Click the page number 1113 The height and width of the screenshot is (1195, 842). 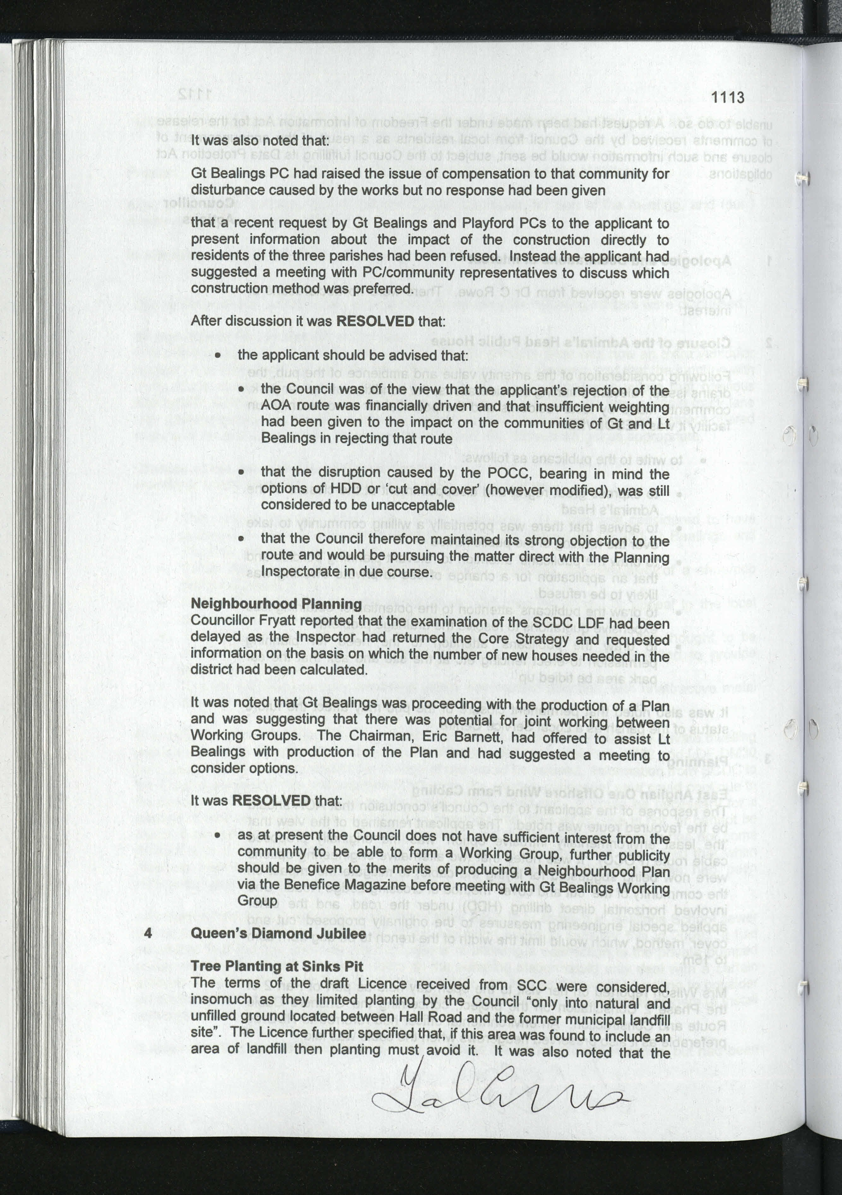pos(727,97)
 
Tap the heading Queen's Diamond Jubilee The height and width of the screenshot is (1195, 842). pos(278,934)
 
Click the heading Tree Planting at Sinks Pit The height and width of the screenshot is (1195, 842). pos(277,966)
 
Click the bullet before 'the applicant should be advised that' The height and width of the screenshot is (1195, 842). pos(219,356)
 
